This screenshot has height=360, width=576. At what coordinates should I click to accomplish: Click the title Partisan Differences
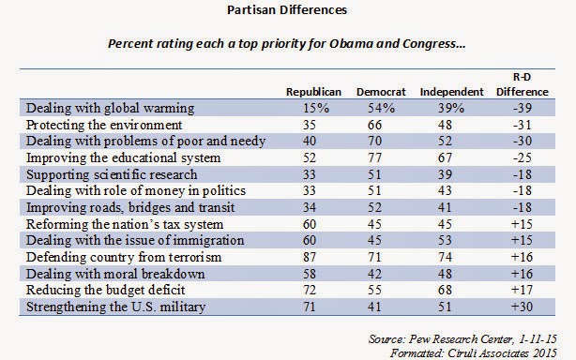[x=287, y=10]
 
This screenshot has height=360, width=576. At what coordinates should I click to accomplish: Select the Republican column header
[x=313, y=92]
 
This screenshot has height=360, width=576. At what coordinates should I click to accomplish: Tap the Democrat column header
[x=381, y=92]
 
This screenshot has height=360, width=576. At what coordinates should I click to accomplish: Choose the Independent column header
[x=452, y=92]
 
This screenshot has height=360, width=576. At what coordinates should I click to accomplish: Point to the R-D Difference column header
[x=522, y=84]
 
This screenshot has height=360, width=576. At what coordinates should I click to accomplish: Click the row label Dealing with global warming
[x=110, y=108]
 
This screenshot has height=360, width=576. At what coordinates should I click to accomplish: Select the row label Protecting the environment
[x=104, y=125]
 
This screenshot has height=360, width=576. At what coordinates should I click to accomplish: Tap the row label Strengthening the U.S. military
[x=115, y=307]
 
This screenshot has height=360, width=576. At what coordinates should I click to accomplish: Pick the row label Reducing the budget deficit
[x=105, y=290]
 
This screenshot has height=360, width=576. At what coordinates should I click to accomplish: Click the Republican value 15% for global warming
[x=316, y=108]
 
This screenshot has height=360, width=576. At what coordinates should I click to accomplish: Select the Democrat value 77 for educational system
[x=374, y=157]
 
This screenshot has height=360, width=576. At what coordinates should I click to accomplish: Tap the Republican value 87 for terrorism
[x=310, y=257]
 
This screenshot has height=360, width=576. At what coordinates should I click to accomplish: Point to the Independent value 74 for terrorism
[x=445, y=257]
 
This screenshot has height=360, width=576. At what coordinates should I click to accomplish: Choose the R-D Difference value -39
[x=522, y=108]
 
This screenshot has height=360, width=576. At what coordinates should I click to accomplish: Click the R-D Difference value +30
[x=522, y=307]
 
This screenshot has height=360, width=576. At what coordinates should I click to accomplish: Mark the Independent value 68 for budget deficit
[x=445, y=290]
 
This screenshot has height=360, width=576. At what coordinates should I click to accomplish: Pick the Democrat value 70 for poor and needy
[x=374, y=141]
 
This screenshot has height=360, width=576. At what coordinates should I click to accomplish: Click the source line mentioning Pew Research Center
[x=462, y=339]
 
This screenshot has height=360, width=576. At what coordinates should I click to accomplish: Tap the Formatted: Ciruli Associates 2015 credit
[x=474, y=353]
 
